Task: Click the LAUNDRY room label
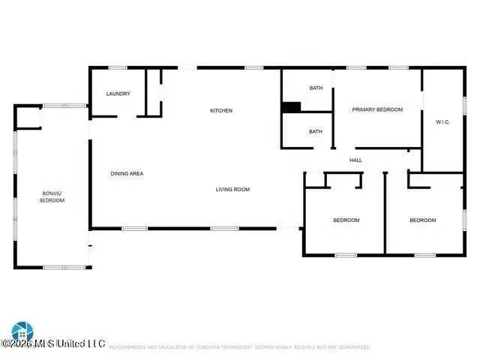[118, 94]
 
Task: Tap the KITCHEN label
[221, 111]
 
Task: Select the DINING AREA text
[127, 174]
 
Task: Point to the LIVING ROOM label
[232, 190]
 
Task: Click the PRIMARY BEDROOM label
[377, 109]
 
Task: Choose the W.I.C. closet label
[442, 122]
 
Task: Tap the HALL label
[356, 160]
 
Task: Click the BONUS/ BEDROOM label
[52, 197]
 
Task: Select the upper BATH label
[316, 88]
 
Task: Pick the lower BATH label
[316, 132]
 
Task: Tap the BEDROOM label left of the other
[346, 220]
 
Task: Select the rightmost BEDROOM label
[422, 220]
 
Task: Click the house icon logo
[22, 331]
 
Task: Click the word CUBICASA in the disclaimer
[211, 347]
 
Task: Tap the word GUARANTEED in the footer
[352, 347]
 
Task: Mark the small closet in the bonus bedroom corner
[28, 118]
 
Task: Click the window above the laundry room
[118, 68]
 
